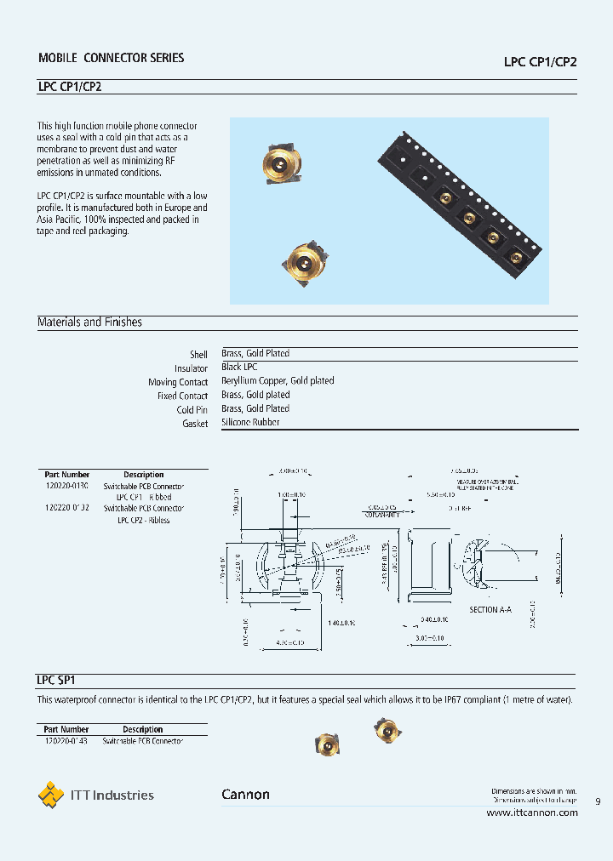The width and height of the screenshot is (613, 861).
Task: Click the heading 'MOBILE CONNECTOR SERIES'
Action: pyautogui.click(x=111, y=58)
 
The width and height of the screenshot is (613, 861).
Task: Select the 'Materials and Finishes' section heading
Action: pyautogui.click(x=89, y=322)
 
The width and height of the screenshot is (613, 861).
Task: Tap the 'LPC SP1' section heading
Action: pyautogui.click(x=57, y=681)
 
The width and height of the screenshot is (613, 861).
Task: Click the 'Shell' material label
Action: pyautogui.click(x=198, y=355)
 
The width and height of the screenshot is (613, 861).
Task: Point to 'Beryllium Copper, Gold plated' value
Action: pyautogui.click(x=278, y=381)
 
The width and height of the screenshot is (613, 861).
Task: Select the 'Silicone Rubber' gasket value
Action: pyautogui.click(x=250, y=422)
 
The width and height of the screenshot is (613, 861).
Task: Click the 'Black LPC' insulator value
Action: pyautogui.click(x=239, y=368)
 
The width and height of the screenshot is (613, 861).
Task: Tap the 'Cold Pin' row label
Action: pyautogui.click(x=192, y=409)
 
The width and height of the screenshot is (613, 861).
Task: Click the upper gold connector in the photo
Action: pyautogui.click(x=279, y=162)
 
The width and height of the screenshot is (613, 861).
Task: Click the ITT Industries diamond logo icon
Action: pyautogui.click(x=51, y=795)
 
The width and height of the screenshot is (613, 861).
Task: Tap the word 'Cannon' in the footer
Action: pyautogui.click(x=245, y=795)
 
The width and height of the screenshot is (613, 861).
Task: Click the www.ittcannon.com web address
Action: pyautogui.click(x=531, y=813)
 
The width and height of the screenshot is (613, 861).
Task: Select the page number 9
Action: pyautogui.click(x=597, y=801)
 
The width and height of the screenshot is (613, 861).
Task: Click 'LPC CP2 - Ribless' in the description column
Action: pyautogui.click(x=143, y=520)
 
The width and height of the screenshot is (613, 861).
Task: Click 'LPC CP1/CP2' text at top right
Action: pyautogui.click(x=541, y=62)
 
